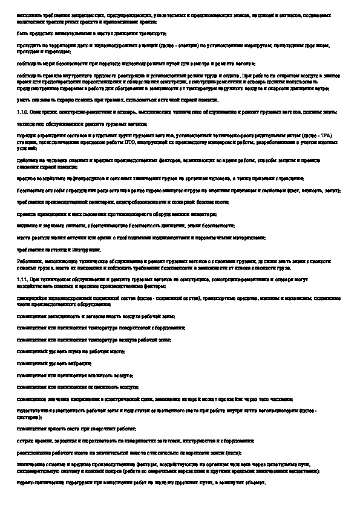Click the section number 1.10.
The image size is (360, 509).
(22, 112)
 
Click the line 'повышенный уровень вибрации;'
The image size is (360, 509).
(55, 363)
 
